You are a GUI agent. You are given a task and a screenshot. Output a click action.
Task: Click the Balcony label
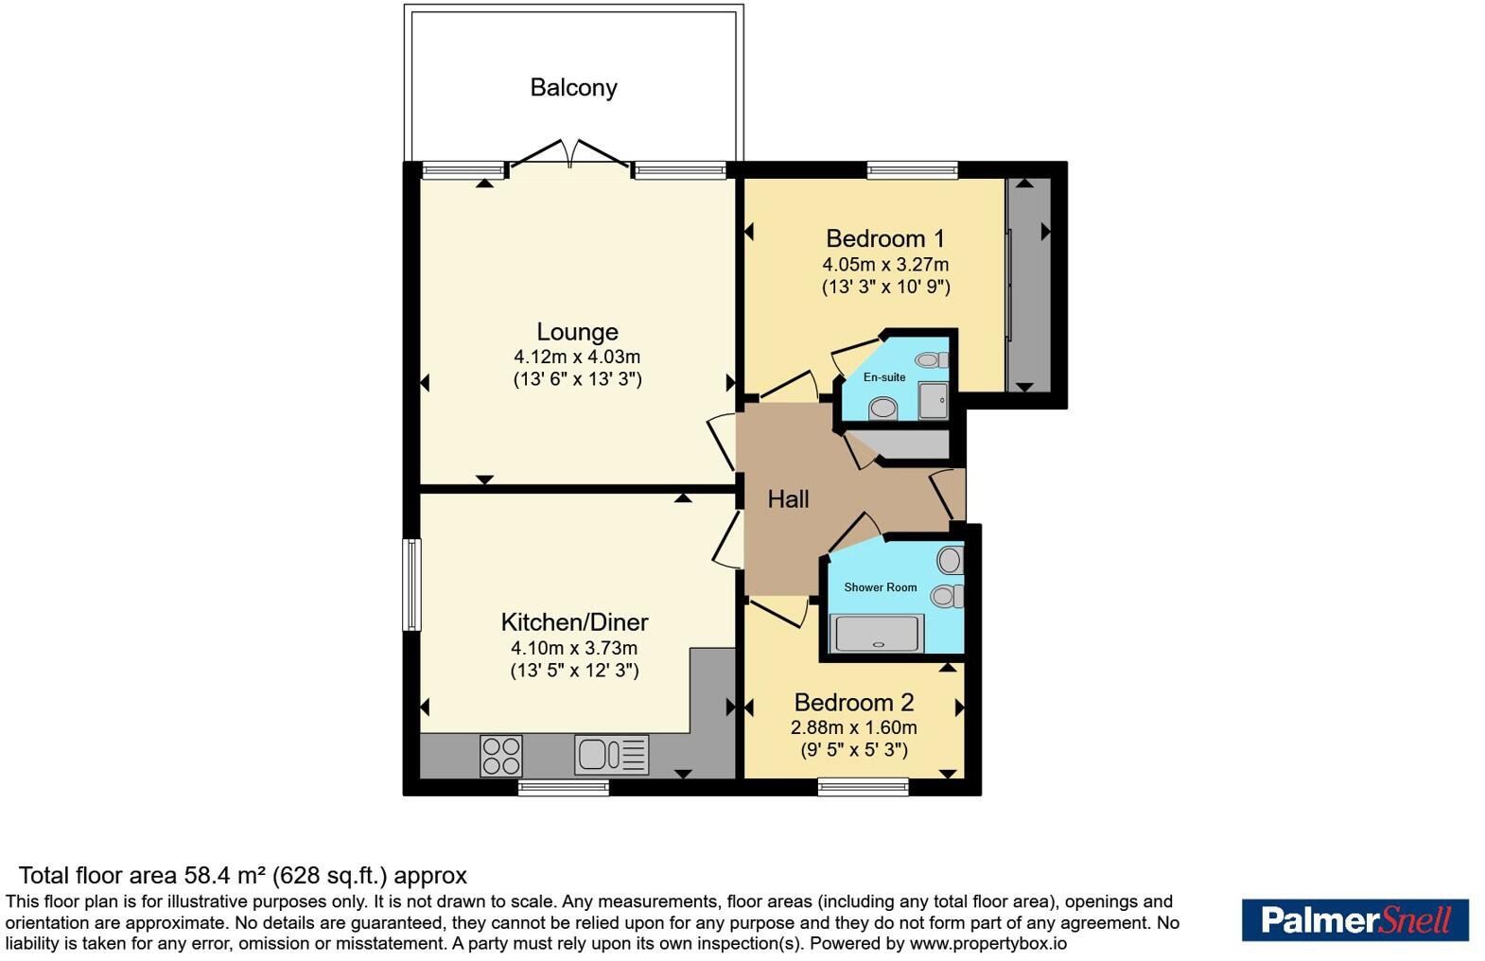tap(573, 87)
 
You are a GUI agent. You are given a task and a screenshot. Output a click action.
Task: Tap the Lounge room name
tap(577, 331)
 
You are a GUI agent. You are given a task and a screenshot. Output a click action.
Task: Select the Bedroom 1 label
tap(885, 238)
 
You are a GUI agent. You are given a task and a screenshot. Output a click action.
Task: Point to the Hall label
tap(788, 499)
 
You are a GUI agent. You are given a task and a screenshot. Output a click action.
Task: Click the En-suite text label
tap(884, 377)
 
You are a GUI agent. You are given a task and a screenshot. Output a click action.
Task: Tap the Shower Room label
tap(881, 587)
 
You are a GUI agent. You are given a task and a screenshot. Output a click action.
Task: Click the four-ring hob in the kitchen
tap(501, 756)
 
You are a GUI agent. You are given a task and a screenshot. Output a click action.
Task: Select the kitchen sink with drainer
tap(611, 755)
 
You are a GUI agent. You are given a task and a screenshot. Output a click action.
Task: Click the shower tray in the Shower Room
tap(877, 635)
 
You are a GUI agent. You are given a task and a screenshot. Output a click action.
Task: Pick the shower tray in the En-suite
tap(934, 400)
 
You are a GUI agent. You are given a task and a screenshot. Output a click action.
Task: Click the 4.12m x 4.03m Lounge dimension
tap(577, 358)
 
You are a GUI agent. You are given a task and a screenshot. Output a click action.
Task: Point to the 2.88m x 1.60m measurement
tap(854, 727)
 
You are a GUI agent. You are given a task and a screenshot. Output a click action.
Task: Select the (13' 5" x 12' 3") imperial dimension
tap(575, 670)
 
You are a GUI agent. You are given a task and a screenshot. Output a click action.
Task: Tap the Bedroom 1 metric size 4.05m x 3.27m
tap(885, 265)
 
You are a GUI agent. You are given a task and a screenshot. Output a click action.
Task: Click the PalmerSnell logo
tap(1355, 919)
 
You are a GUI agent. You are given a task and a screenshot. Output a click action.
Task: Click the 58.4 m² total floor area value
tap(220, 876)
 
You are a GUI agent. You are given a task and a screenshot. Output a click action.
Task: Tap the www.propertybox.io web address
tap(987, 943)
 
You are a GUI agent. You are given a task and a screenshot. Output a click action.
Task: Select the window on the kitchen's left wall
tap(411, 584)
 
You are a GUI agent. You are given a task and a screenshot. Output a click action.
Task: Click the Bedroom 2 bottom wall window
tap(864, 787)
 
